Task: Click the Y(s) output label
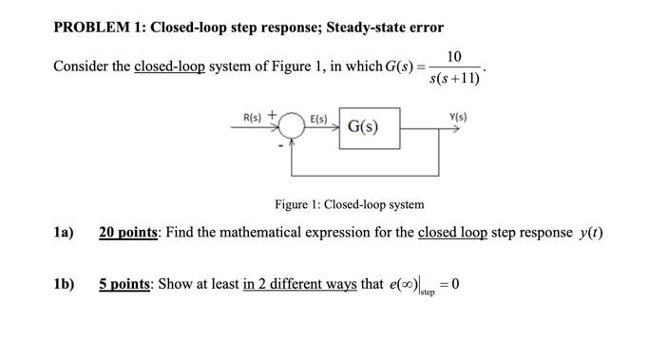tap(457, 117)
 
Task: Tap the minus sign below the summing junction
tap(280, 147)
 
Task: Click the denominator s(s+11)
tap(456, 77)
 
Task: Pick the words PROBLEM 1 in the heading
tap(93, 27)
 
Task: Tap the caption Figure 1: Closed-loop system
tap(349, 204)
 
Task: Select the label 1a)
tap(64, 233)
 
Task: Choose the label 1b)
tap(64, 284)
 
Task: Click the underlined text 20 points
tap(128, 233)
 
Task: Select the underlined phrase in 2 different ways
tap(299, 284)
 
